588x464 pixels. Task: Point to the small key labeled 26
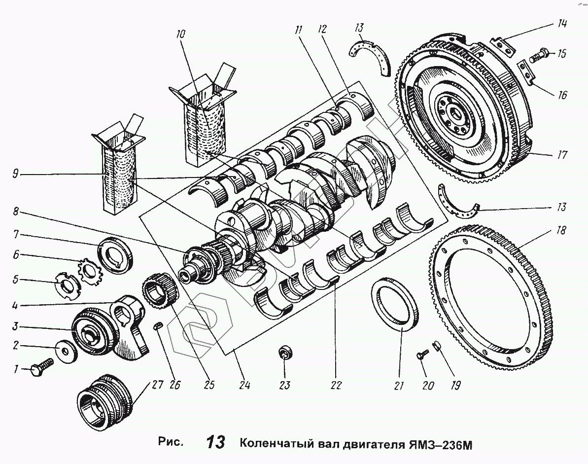159,325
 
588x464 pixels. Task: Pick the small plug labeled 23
285,353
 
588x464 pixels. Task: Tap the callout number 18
561,230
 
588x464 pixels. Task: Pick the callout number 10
180,35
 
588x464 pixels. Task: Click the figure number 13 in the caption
216,442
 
